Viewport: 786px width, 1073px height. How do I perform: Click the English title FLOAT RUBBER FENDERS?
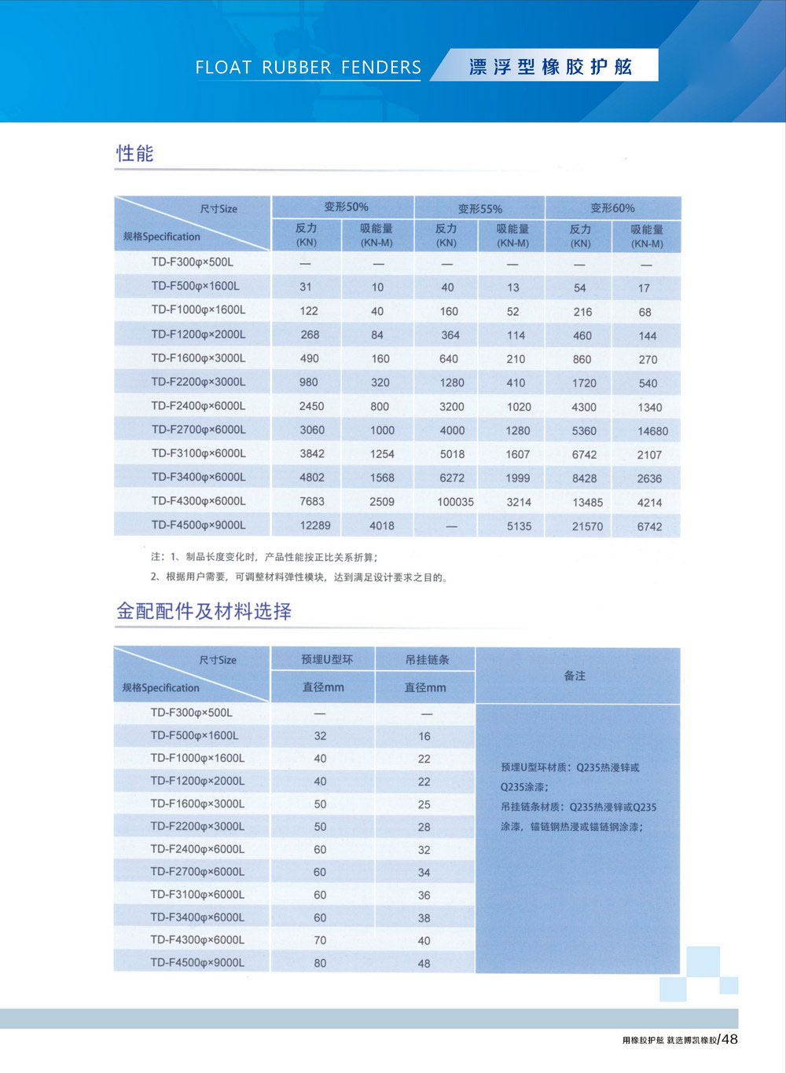pyautogui.click(x=308, y=68)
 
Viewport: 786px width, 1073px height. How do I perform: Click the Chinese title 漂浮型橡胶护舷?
pyautogui.click(x=550, y=67)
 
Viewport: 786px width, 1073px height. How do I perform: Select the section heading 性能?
pyautogui.click(x=135, y=153)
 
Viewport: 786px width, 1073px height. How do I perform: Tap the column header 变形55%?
pyautogui.click(x=479, y=209)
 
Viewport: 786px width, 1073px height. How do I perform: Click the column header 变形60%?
pyautogui.click(x=612, y=208)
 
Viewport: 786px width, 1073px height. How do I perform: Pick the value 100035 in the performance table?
pyautogui.click(x=455, y=502)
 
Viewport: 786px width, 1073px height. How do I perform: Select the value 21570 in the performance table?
pyautogui.click(x=587, y=526)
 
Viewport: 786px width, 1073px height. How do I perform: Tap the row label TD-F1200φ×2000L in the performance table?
pyautogui.click(x=198, y=335)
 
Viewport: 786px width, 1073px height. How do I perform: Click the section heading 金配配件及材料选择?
pyautogui.click(x=204, y=611)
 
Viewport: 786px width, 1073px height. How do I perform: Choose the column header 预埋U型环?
pyautogui.click(x=327, y=660)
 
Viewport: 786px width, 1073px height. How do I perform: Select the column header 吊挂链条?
pyautogui.click(x=427, y=660)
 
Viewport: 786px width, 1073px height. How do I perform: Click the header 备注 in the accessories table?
pyautogui.click(x=575, y=676)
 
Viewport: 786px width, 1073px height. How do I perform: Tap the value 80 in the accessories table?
pyautogui.click(x=320, y=963)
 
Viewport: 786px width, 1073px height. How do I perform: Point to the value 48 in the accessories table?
pyautogui.click(x=424, y=964)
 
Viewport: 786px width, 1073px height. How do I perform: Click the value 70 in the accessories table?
pyautogui.click(x=320, y=940)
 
